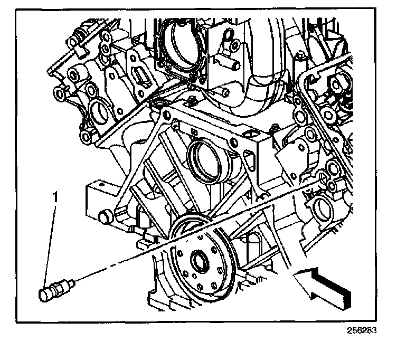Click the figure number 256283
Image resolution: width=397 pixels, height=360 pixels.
[x=362, y=331]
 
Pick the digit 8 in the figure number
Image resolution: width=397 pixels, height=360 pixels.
[x=368, y=331]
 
